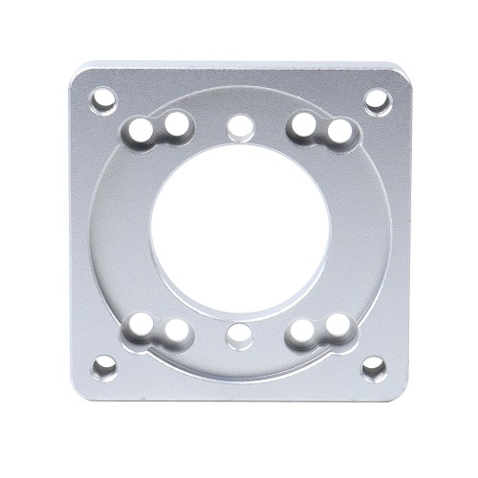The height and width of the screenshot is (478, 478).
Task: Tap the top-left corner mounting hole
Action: point(103,98)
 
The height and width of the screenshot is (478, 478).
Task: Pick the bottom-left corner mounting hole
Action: point(104,368)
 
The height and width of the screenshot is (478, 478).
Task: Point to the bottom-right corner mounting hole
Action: point(375,368)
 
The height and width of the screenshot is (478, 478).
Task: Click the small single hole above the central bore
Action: point(239,125)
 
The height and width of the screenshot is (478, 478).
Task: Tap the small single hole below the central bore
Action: point(239,336)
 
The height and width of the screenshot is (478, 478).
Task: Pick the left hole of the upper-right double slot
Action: point(302,124)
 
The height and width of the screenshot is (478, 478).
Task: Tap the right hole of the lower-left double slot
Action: point(176,331)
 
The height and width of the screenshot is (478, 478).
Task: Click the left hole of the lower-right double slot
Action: point(302,331)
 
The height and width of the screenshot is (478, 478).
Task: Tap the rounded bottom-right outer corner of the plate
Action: point(401,393)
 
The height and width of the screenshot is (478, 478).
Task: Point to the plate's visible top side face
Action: point(239,66)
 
